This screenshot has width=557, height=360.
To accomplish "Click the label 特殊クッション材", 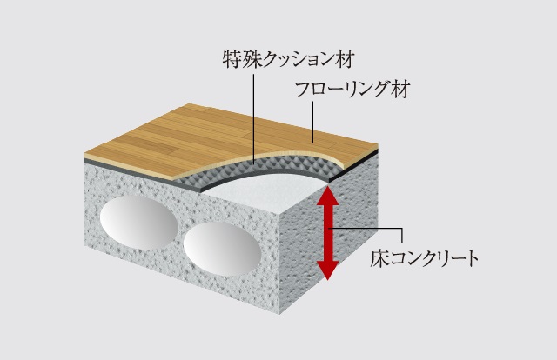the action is [288, 59].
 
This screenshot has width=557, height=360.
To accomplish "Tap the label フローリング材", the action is [352, 89].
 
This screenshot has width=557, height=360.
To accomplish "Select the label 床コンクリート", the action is [424, 258].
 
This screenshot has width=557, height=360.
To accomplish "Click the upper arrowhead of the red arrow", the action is [327, 197].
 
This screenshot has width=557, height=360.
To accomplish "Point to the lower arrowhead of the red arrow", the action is [327, 270].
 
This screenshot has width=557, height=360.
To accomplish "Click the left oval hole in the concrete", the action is [138, 223].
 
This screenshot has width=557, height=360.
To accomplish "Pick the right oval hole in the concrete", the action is [222, 249].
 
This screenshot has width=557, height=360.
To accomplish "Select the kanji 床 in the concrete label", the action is [379, 258].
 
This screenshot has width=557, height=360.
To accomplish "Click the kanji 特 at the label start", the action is [232, 59].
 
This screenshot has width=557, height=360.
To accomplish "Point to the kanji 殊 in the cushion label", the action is [252, 59].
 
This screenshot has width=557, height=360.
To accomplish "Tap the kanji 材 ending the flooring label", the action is [401, 89].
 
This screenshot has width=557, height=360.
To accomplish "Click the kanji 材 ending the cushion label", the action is [345, 59].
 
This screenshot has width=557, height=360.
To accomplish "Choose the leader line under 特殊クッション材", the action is [253, 119].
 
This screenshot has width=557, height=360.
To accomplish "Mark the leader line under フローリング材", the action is [313, 122].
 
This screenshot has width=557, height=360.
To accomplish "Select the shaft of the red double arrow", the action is [327, 233].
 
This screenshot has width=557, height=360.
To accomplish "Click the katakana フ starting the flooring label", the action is [303, 89].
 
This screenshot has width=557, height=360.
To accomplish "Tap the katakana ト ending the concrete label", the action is [472, 258].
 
